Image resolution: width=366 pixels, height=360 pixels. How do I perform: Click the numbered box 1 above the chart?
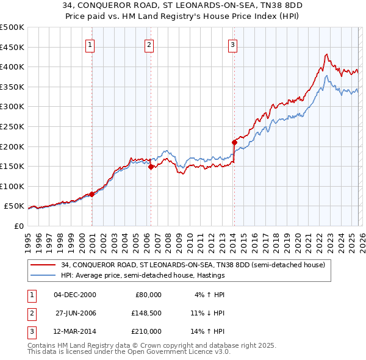[90, 44]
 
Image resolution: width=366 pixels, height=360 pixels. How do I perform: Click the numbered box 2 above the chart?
[149, 44]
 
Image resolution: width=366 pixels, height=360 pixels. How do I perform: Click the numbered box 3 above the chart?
[232, 44]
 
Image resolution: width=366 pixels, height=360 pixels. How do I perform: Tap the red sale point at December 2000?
[92, 194]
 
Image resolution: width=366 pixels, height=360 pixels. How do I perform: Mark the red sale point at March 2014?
[234, 142]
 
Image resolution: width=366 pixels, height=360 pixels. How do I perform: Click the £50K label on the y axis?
[14, 206]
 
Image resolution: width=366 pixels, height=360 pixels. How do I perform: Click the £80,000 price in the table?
[147, 295]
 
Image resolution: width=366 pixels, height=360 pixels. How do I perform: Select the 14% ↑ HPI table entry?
[208, 331]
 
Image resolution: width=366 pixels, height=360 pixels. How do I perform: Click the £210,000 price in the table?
[146, 331]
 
